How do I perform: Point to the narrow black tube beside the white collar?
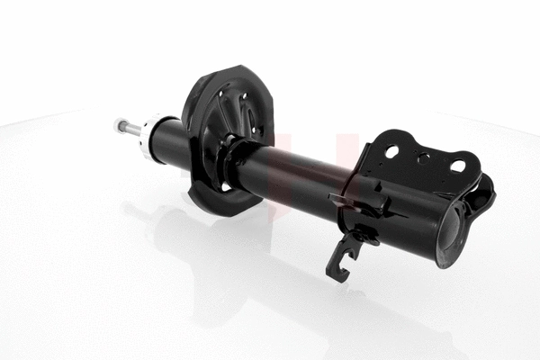(169, 144)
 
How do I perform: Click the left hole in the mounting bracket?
(391, 151)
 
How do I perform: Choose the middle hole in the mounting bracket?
(424, 159)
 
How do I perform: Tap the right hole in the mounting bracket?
(457, 166)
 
